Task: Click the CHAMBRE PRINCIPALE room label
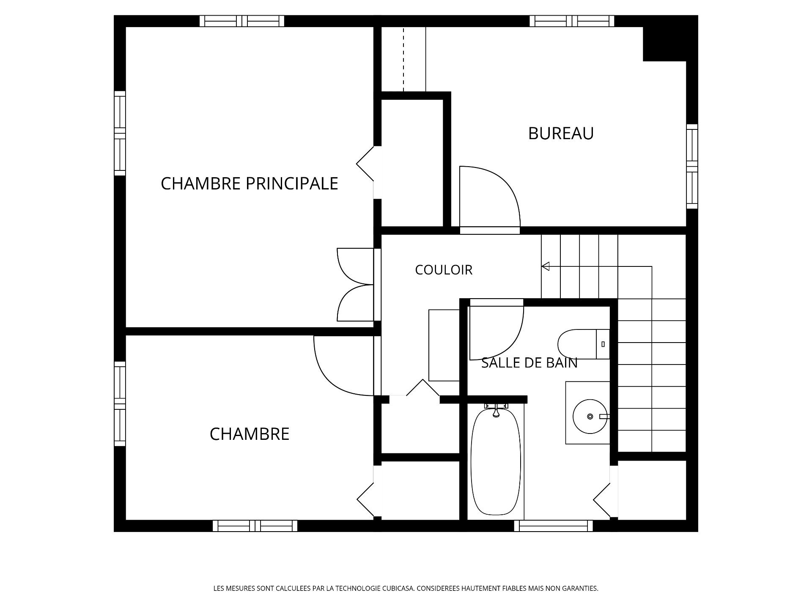point(250,184)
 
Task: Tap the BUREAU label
point(561,133)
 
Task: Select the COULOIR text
point(444,270)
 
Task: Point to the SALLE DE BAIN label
point(529,363)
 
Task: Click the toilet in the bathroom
point(584,344)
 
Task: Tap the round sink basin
point(590,417)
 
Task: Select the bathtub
point(496,461)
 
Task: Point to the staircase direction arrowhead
point(546,266)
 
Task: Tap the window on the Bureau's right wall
point(692,166)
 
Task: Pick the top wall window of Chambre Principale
point(242,21)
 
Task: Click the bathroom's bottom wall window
point(553,526)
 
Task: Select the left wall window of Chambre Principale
point(120,133)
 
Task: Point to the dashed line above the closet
point(403,59)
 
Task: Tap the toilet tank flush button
point(603,344)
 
